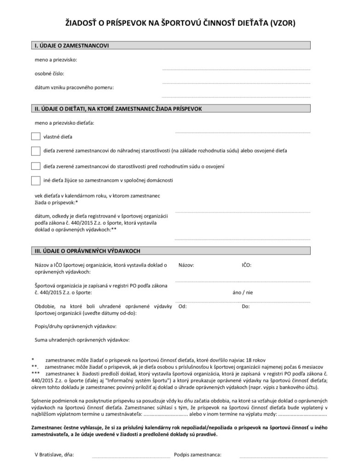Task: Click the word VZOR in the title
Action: (x=282, y=22)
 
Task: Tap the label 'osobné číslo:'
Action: (x=50, y=73)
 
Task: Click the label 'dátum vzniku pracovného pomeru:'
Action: (x=74, y=87)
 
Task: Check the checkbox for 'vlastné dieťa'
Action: (x=35, y=136)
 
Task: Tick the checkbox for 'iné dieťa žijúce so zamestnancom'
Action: (x=35, y=180)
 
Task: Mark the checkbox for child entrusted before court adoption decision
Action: (x=35, y=166)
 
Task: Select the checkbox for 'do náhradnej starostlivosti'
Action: (x=35, y=151)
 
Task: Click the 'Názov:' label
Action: (x=186, y=265)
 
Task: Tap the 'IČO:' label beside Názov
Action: (x=247, y=265)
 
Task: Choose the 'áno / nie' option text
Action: (x=244, y=292)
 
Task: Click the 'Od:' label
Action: (x=182, y=306)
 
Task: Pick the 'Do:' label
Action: (x=246, y=306)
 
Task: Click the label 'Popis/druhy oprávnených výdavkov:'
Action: (x=75, y=326)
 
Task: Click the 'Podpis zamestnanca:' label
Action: (x=197, y=455)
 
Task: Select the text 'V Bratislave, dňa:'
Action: (x=55, y=455)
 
